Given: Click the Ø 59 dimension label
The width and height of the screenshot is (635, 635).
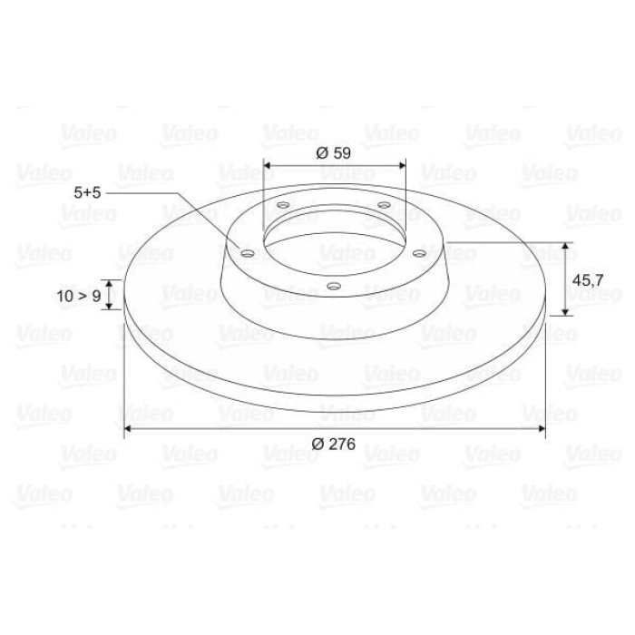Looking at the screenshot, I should [334, 152].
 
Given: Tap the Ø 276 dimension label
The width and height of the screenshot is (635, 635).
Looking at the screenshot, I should [332, 444].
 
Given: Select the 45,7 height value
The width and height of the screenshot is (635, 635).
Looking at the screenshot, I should [587, 280].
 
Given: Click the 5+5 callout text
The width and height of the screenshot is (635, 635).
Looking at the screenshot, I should [89, 192].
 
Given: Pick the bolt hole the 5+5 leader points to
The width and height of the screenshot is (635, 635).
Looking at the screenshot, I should [244, 253].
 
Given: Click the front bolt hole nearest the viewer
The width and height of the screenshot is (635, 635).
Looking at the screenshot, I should [334, 288].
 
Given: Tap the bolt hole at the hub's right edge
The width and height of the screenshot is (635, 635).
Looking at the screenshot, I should [419, 254].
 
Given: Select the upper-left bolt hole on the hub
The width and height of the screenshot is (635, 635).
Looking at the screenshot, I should [283, 208].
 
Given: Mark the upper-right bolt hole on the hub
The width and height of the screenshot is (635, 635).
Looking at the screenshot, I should [384, 207].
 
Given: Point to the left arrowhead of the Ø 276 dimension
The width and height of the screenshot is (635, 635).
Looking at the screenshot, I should [127, 427].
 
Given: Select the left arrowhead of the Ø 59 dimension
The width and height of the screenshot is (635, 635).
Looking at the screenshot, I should [266, 165].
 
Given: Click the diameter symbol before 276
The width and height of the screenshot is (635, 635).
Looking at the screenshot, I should [317, 444].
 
